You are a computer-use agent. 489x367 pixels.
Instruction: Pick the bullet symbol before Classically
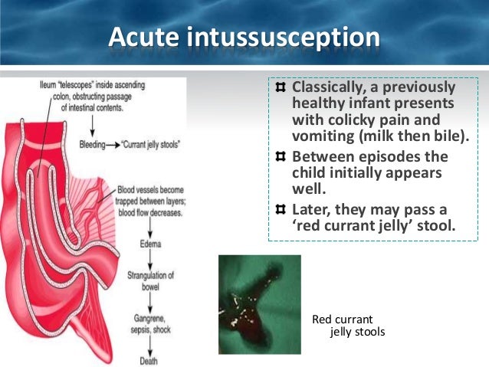click(x=281, y=87)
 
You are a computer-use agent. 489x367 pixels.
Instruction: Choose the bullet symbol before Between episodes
click(x=281, y=156)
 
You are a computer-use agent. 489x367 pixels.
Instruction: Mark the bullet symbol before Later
click(x=281, y=209)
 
